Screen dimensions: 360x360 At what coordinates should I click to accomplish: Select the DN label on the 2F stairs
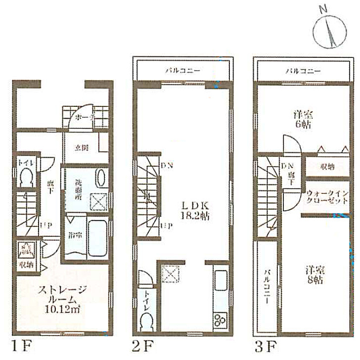click(166, 166)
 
